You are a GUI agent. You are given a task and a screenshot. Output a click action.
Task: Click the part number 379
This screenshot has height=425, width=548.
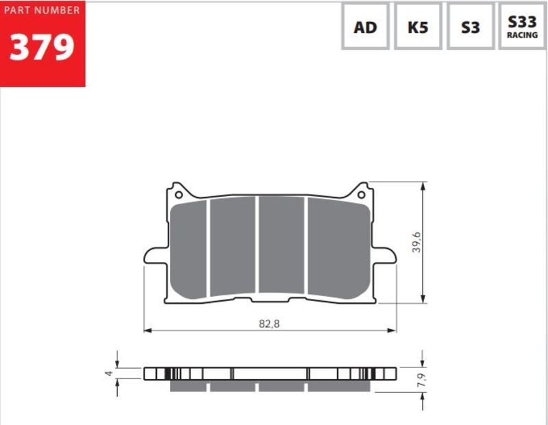[x=42, y=47]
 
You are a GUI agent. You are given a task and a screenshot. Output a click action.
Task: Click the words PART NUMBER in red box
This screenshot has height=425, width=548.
[x=42, y=10]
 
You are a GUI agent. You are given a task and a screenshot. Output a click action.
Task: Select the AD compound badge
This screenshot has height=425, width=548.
[x=365, y=27]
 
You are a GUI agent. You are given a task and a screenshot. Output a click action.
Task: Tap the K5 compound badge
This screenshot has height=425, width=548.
[x=418, y=27]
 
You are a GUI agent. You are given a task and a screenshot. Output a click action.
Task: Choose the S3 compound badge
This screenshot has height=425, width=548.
[x=470, y=27]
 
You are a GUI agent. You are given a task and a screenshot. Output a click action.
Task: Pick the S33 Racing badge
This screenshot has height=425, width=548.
[x=523, y=26]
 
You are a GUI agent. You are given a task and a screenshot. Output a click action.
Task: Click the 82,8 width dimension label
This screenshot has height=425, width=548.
[x=269, y=323]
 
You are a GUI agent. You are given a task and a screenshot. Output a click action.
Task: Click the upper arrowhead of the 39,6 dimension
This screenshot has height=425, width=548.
[x=424, y=186]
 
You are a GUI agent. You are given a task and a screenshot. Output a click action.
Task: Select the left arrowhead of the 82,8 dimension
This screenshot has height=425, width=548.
[x=147, y=330]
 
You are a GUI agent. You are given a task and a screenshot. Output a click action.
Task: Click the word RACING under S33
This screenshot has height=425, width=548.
[x=523, y=35]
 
